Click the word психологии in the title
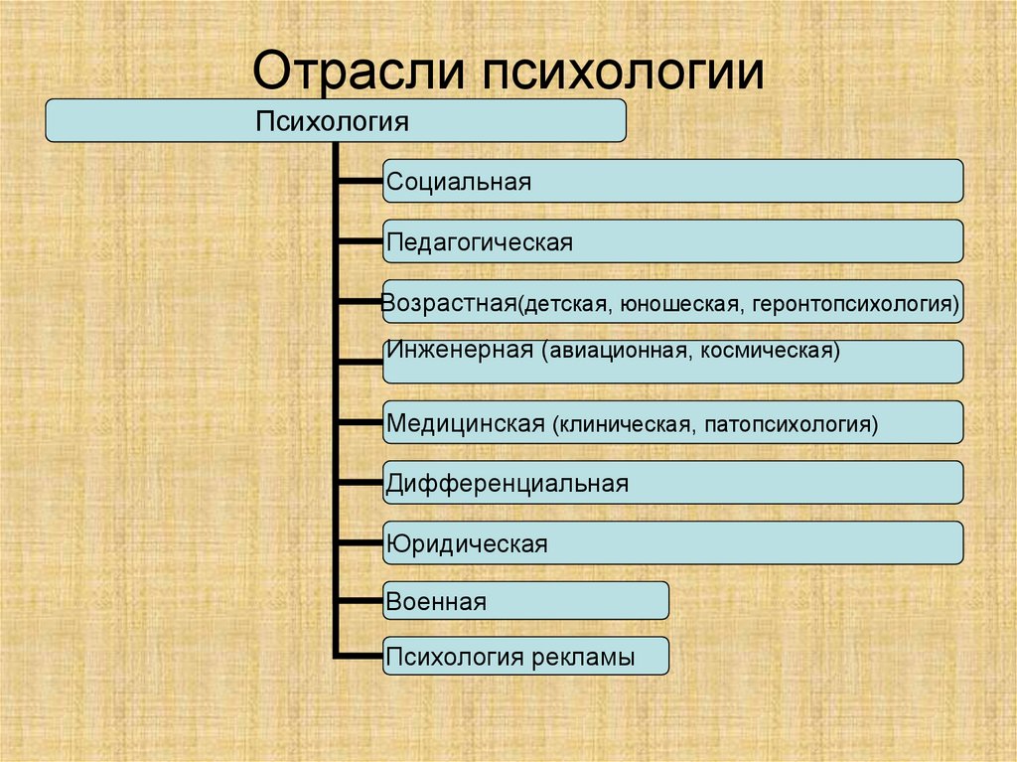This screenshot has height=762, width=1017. (625, 73)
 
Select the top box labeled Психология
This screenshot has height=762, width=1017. (336, 120)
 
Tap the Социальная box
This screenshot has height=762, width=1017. (672, 181)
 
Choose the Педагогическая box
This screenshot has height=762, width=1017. (672, 241)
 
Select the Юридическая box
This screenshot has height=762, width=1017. (672, 542)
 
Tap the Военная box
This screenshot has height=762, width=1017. (525, 601)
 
